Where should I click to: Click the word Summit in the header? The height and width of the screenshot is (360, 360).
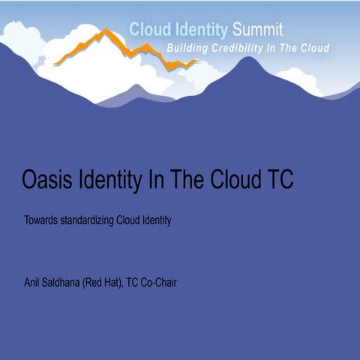(x=258, y=31)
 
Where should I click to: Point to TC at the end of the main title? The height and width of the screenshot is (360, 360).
(x=277, y=180)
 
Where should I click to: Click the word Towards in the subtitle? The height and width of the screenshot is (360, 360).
(x=42, y=220)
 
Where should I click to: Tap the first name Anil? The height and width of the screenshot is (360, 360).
(x=33, y=283)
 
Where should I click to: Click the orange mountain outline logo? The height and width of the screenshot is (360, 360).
(x=120, y=49)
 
